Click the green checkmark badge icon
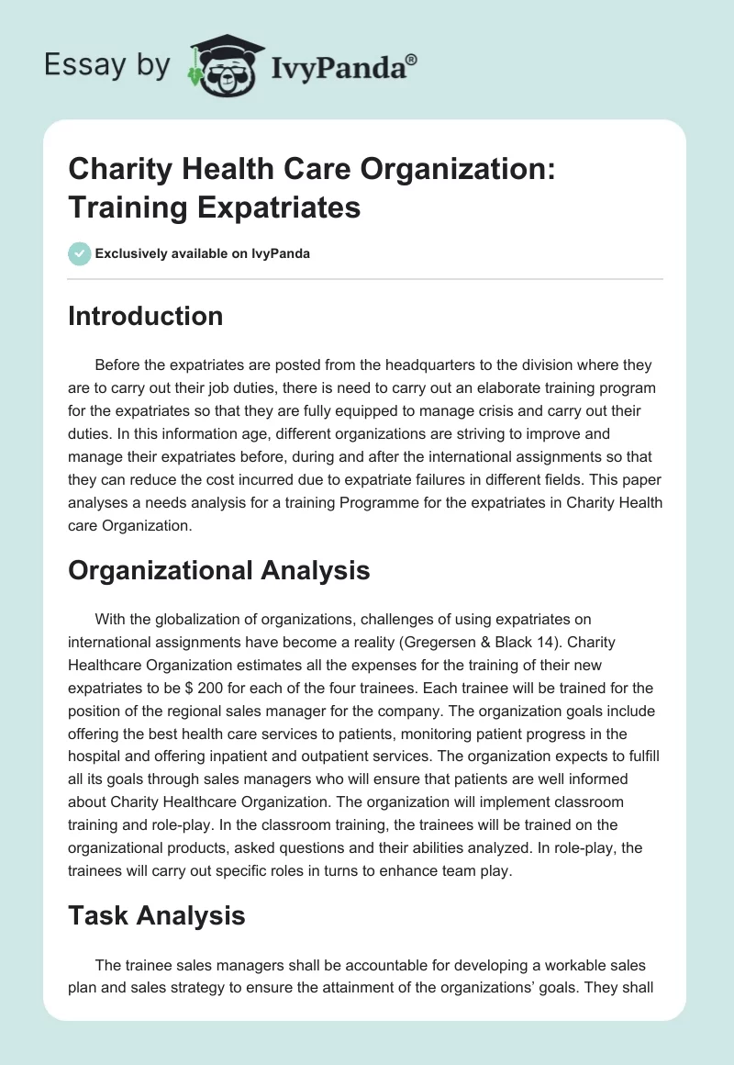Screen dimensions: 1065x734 tap(80, 253)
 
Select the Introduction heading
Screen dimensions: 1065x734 tap(146, 316)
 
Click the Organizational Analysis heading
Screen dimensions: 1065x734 tap(219, 570)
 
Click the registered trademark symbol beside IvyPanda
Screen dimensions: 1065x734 tap(411, 58)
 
